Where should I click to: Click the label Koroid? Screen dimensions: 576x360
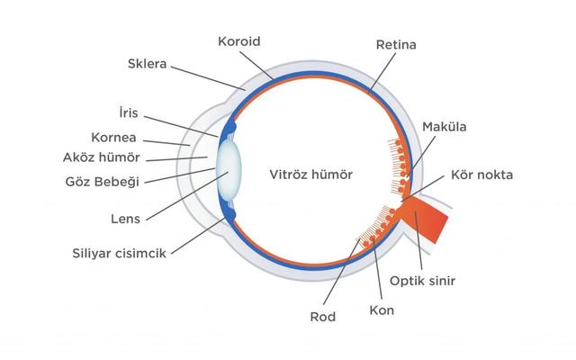pyautogui.click(x=239, y=41)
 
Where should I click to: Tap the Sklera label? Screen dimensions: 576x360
pyautogui.click(x=147, y=64)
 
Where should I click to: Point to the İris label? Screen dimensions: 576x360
pyautogui.click(x=129, y=112)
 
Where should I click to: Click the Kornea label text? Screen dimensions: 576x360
pyautogui.click(x=113, y=138)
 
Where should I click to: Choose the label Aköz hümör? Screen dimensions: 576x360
pyautogui.click(x=102, y=157)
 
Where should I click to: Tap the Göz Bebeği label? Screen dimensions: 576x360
pyautogui.click(x=103, y=182)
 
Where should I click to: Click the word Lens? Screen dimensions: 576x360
pyautogui.click(x=126, y=219)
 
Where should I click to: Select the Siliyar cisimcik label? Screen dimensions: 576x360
pyautogui.click(x=119, y=253)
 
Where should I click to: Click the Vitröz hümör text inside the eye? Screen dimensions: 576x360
pyautogui.click(x=311, y=175)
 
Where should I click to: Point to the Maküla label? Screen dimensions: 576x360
pyautogui.click(x=444, y=127)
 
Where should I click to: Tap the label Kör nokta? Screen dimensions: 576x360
pyautogui.click(x=481, y=175)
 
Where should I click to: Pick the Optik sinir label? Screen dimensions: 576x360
pyautogui.click(x=422, y=281)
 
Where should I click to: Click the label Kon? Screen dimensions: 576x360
pyautogui.click(x=382, y=310)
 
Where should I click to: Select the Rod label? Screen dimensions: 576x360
pyautogui.click(x=323, y=317)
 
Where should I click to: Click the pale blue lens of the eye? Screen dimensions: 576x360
pyautogui.click(x=229, y=169)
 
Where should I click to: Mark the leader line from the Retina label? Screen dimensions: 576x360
pyautogui.click(x=382, y=72)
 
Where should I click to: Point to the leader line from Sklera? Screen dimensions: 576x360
pyautogui.click(x=208, y=78)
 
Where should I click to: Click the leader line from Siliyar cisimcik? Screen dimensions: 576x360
pyautogui.click(x=198, y=236)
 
